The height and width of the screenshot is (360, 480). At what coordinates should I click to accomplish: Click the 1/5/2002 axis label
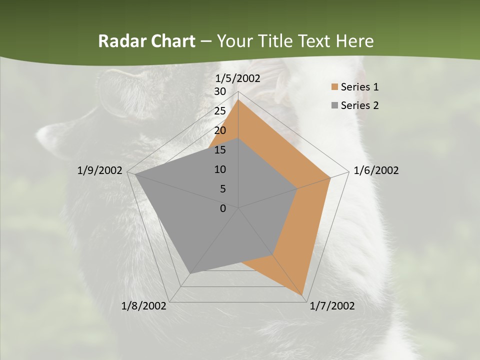(237, 78)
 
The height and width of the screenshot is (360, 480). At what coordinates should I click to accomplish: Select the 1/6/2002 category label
(376, 170)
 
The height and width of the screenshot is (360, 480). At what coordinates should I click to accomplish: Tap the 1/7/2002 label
(332, 306)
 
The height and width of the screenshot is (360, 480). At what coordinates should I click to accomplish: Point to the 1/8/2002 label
(144, 306)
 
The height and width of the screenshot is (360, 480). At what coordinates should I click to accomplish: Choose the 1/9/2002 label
(100, 170)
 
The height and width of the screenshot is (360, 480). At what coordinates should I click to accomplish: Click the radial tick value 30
(220, 91)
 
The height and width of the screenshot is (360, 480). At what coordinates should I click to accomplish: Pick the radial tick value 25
(220, 111)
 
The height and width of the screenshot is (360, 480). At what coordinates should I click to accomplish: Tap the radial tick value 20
(220, 130)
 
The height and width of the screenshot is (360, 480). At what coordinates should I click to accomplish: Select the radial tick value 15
(220, 150)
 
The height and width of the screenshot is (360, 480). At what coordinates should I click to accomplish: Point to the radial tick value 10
(220, 169)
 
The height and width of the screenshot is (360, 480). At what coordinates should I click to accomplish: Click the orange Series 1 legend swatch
(334, 87)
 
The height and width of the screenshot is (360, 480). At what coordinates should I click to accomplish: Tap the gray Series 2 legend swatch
(334, 105)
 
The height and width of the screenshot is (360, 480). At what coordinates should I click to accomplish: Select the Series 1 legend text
(359, 87)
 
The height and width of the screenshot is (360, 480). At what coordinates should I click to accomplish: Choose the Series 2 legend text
(359, 105)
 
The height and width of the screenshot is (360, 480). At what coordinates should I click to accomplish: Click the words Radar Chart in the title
(146, 41)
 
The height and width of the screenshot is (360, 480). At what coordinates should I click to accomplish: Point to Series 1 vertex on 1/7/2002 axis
(303, 294)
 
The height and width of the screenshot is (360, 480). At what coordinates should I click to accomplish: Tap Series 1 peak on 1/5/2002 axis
(238, 100)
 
